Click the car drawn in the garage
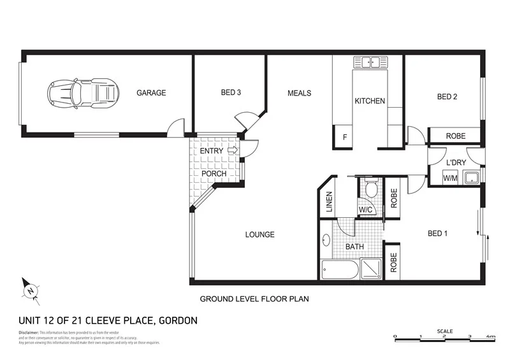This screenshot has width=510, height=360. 83,93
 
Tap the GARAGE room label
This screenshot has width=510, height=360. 151,93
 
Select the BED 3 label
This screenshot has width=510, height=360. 231,93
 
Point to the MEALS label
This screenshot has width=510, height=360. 300,93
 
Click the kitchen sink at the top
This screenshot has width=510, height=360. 371,62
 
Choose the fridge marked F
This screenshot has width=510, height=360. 345,138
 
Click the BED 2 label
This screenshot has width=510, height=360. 448,97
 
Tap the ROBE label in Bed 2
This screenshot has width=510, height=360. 455,136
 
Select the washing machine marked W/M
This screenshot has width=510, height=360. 451,178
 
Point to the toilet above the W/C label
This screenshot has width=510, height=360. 370,189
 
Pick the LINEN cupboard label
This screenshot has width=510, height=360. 330,203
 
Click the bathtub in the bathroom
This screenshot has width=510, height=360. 340,270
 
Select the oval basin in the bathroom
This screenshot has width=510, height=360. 327,241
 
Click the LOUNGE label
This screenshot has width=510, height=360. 260,234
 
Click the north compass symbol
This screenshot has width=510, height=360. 29,290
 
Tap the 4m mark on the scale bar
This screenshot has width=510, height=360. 491,336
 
